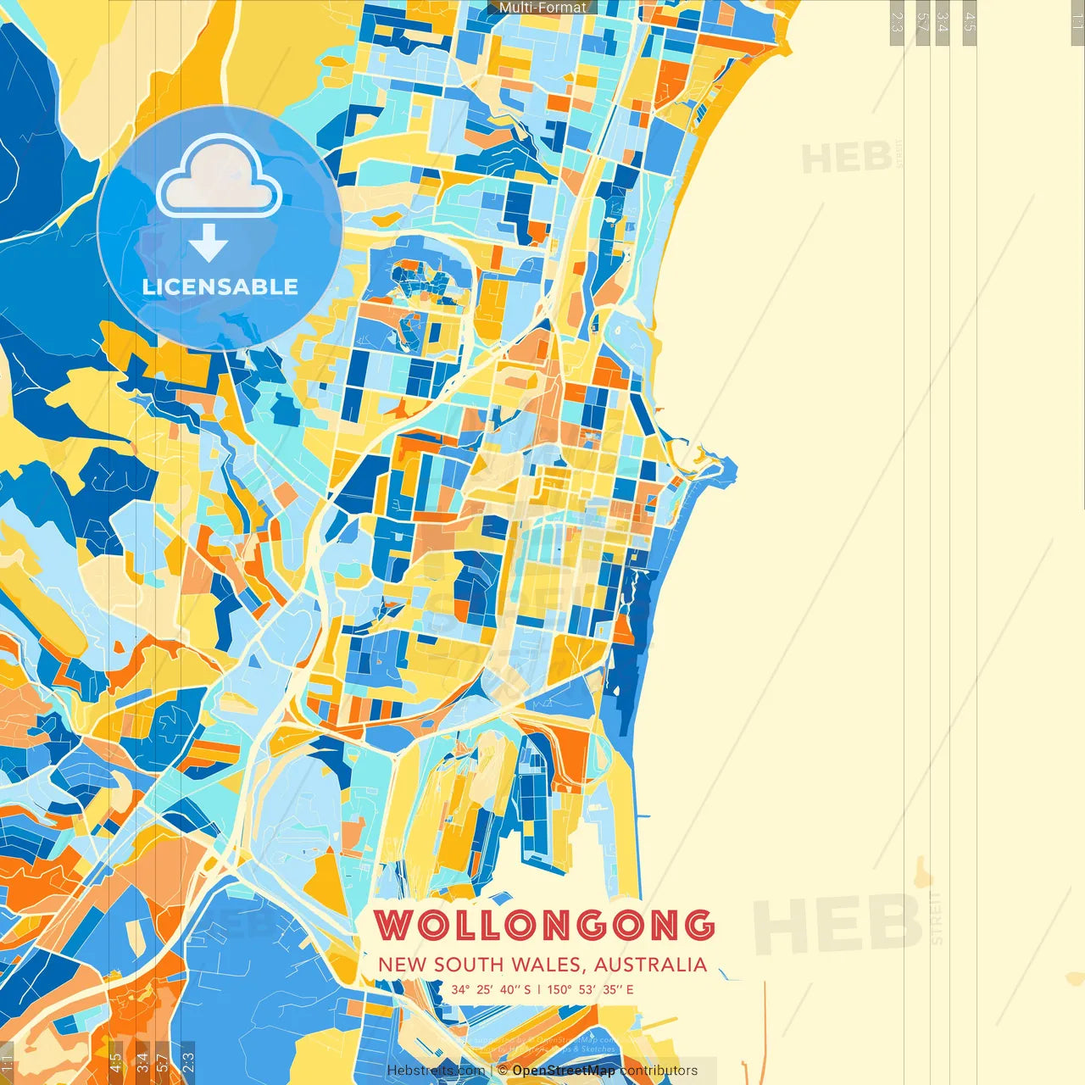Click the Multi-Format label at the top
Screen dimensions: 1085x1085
point(542,8)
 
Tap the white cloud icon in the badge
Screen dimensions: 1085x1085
point(219,180)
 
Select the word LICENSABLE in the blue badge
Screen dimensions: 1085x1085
point(220,287)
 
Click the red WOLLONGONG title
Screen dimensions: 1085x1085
point(544,925)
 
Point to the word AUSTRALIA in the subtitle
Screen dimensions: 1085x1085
point(650,965)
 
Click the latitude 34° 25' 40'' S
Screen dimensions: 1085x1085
point(491,989)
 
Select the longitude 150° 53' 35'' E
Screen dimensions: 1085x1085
point(590,989)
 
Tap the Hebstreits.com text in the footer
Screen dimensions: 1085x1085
point(436,1071)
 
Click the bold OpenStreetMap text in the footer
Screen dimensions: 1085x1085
point(564,1071)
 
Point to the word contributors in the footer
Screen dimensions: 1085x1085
point(659,1071)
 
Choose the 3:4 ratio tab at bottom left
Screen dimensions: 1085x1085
point(142,1061)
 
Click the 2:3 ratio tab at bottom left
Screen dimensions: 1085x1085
point(187,1061)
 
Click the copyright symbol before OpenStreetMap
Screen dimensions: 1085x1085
point(503,1071)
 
